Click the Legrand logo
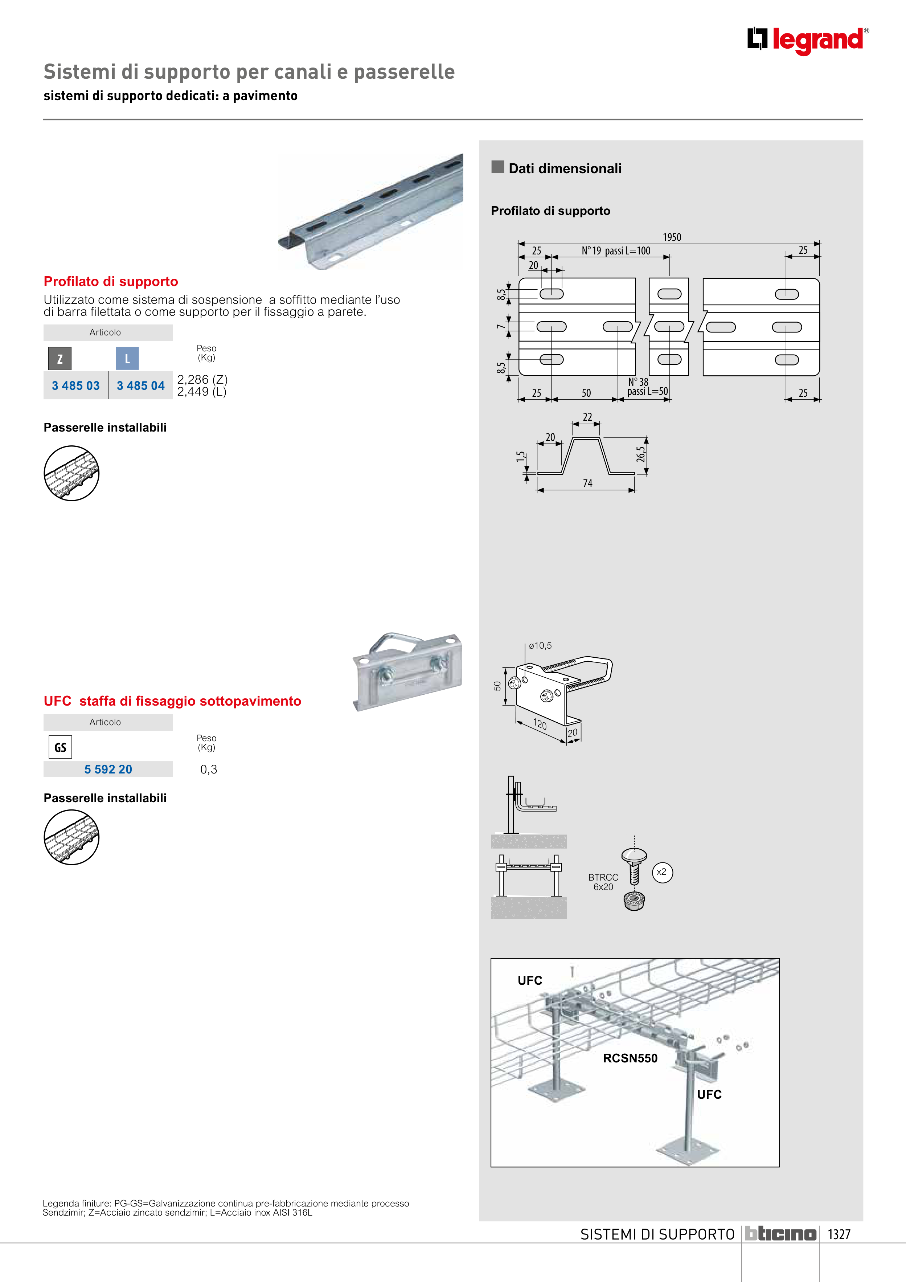807,40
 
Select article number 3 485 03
76,386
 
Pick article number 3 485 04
141,386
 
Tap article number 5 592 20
108,769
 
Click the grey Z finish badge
60,359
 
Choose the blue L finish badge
127,359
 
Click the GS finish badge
60,747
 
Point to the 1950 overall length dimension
672,237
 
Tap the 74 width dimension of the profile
587,483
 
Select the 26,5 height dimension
641,454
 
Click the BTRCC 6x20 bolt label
603,882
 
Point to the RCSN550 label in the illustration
630,1058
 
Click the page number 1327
839,1234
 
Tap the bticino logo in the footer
781,1234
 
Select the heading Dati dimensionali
565,169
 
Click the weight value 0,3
209,769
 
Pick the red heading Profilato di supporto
111,281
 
